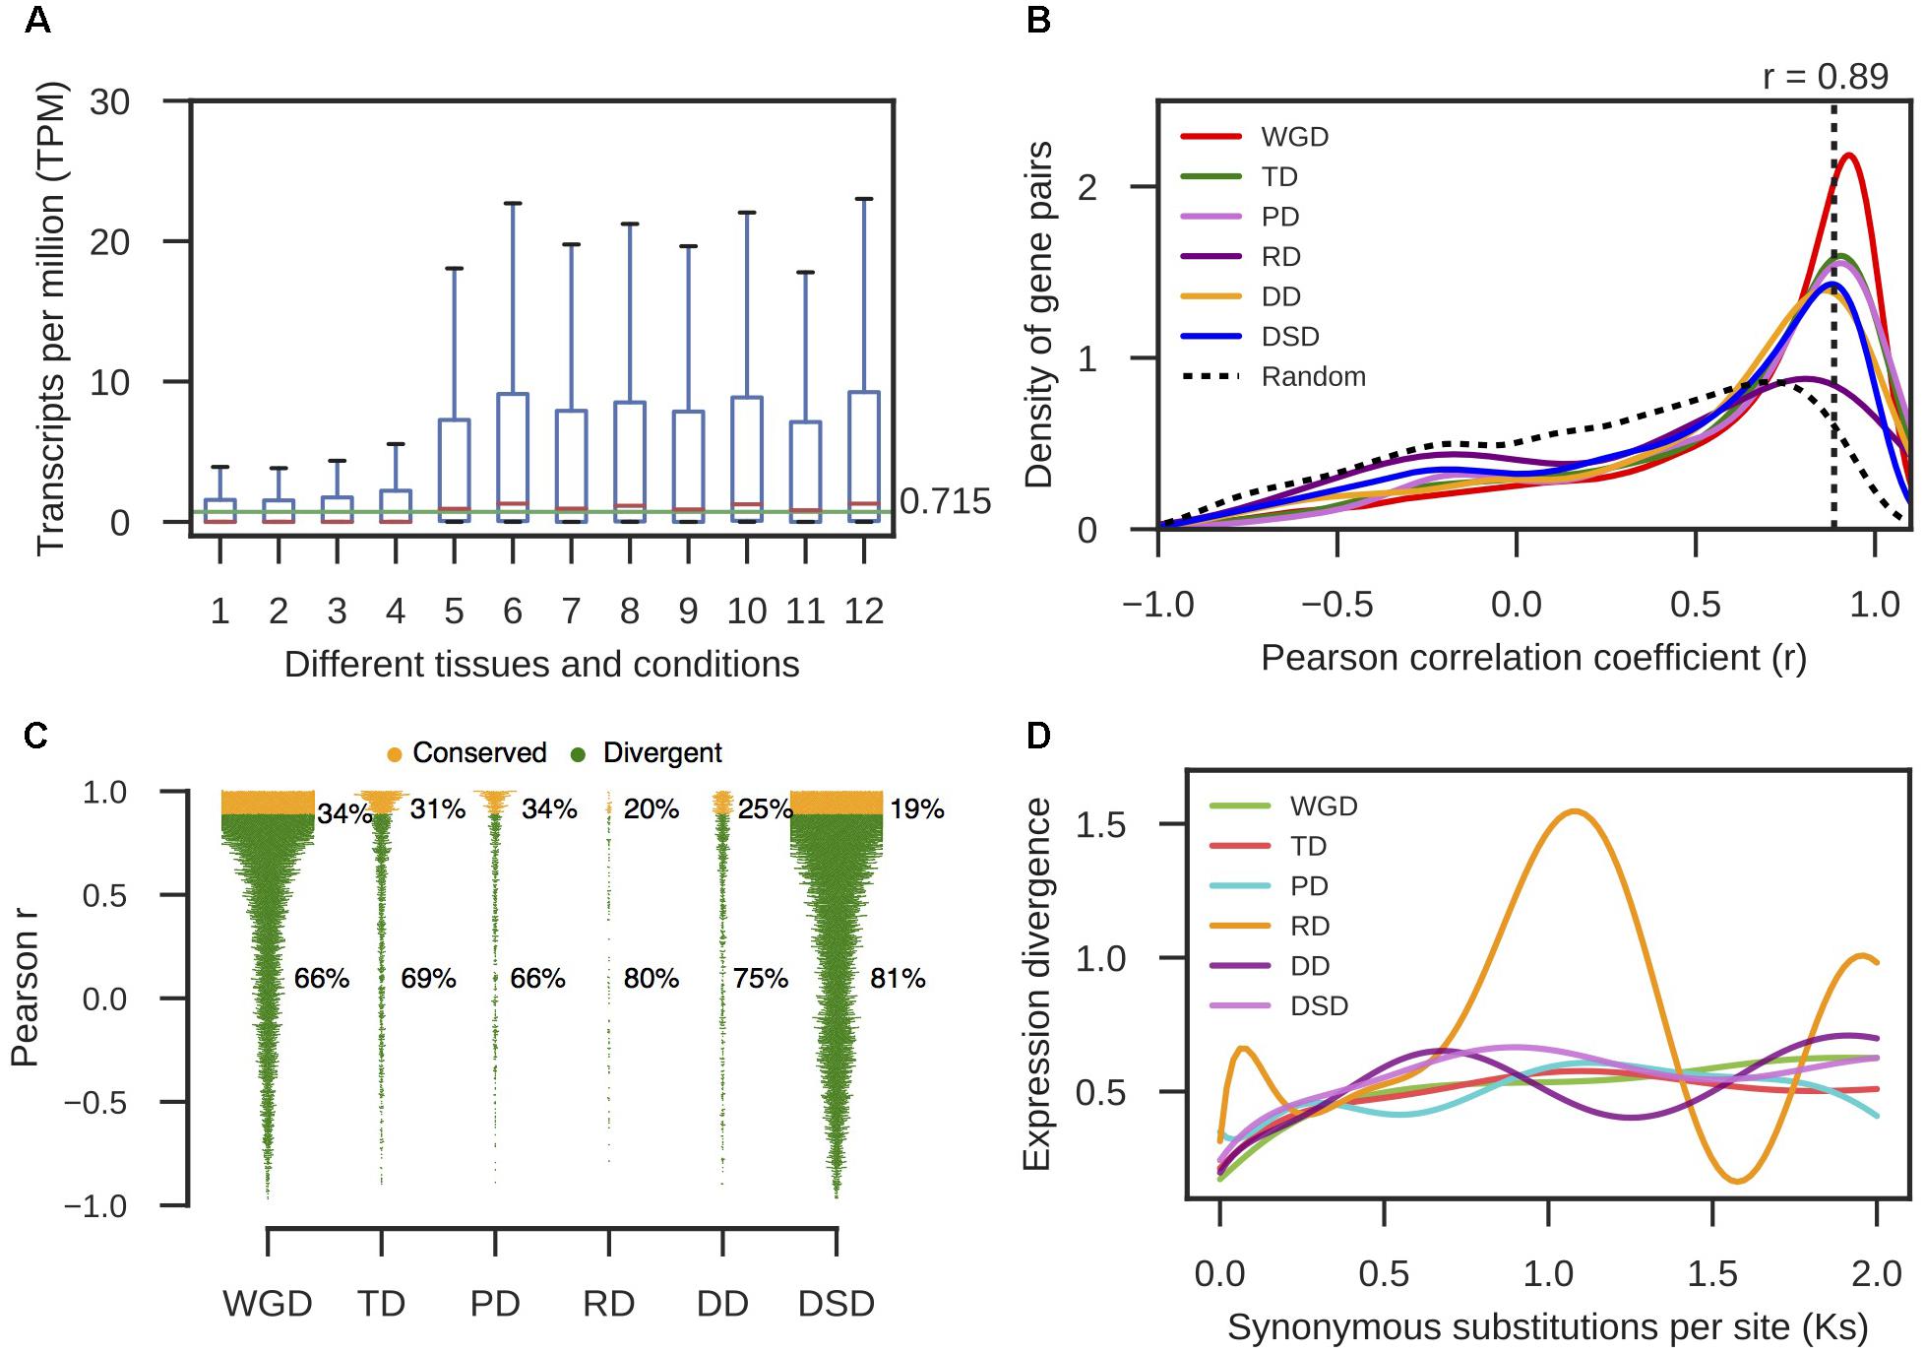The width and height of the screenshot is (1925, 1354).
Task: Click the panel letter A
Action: pyautogui.click(x=37, y=20)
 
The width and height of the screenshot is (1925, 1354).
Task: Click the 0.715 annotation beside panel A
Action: pyautogui.click(x=945, y=501)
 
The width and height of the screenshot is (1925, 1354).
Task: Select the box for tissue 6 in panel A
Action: pyautogui.click(x=513, y=457)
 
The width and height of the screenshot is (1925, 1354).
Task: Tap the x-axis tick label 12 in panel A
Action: pyautogui.click(x=863, y=612)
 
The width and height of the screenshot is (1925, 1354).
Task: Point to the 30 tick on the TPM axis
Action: pyautogui.click(x=110, y=101)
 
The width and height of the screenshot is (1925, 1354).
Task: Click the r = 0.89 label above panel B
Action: pyautogui.click(x=1825, y=77)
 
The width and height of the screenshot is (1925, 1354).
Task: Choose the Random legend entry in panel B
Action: pyautogui.click(x=1313, y=377)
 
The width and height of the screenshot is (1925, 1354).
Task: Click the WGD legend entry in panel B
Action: pyautogui.click(x=1294, y=137)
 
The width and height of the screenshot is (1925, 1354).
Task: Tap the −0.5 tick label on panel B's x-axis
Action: pyautogui.click(x=1336, y=605)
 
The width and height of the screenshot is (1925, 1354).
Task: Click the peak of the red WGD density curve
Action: pyautogui.click(x=1850, y=156)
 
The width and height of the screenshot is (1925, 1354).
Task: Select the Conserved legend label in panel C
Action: pyautogui.click(x=478, y=753)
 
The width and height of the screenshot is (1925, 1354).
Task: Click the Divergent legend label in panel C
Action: pyautogui.click(x=661, y=753)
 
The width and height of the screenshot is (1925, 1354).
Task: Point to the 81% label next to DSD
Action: pyautogui.click(x=898, y=979)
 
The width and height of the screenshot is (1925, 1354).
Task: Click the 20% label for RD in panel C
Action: pyautogui.click(x=651, y=809)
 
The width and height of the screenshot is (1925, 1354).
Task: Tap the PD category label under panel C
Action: pyautogui.click(x=494, y=1304)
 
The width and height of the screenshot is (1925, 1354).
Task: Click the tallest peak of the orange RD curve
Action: pyautogui.click(x=1576, y=811)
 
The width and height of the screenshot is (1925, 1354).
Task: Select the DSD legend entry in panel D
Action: pyautogui.click(x=1319, y=1006)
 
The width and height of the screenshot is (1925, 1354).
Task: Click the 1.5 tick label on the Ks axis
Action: pyautogui.click(x=1712, y=1274)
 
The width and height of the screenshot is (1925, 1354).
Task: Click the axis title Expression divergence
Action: pyautogui.click(x=1037, y=985)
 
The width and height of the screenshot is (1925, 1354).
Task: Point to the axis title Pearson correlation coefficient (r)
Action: pyautogui.click(x=1533, y=658)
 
